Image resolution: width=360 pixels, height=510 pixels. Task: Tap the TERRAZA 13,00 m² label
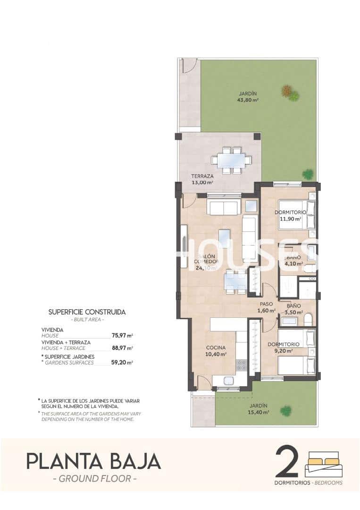202,179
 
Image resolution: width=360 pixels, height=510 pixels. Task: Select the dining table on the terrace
231,160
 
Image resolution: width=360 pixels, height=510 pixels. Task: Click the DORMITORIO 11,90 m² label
290,216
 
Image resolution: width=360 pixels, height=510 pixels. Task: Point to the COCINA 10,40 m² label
216,351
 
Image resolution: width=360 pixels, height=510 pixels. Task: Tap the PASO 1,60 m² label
266,307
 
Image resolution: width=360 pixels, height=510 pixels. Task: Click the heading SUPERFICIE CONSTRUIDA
87,312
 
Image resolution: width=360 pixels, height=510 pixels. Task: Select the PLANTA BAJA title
93,461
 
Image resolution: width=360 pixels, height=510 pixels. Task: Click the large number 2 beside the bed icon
287,461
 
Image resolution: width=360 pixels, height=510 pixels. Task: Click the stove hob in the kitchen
241,365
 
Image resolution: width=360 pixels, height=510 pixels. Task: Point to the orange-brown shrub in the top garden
286,90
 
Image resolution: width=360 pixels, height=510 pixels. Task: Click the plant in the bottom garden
285,411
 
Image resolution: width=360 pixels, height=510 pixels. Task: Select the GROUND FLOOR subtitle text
95,479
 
